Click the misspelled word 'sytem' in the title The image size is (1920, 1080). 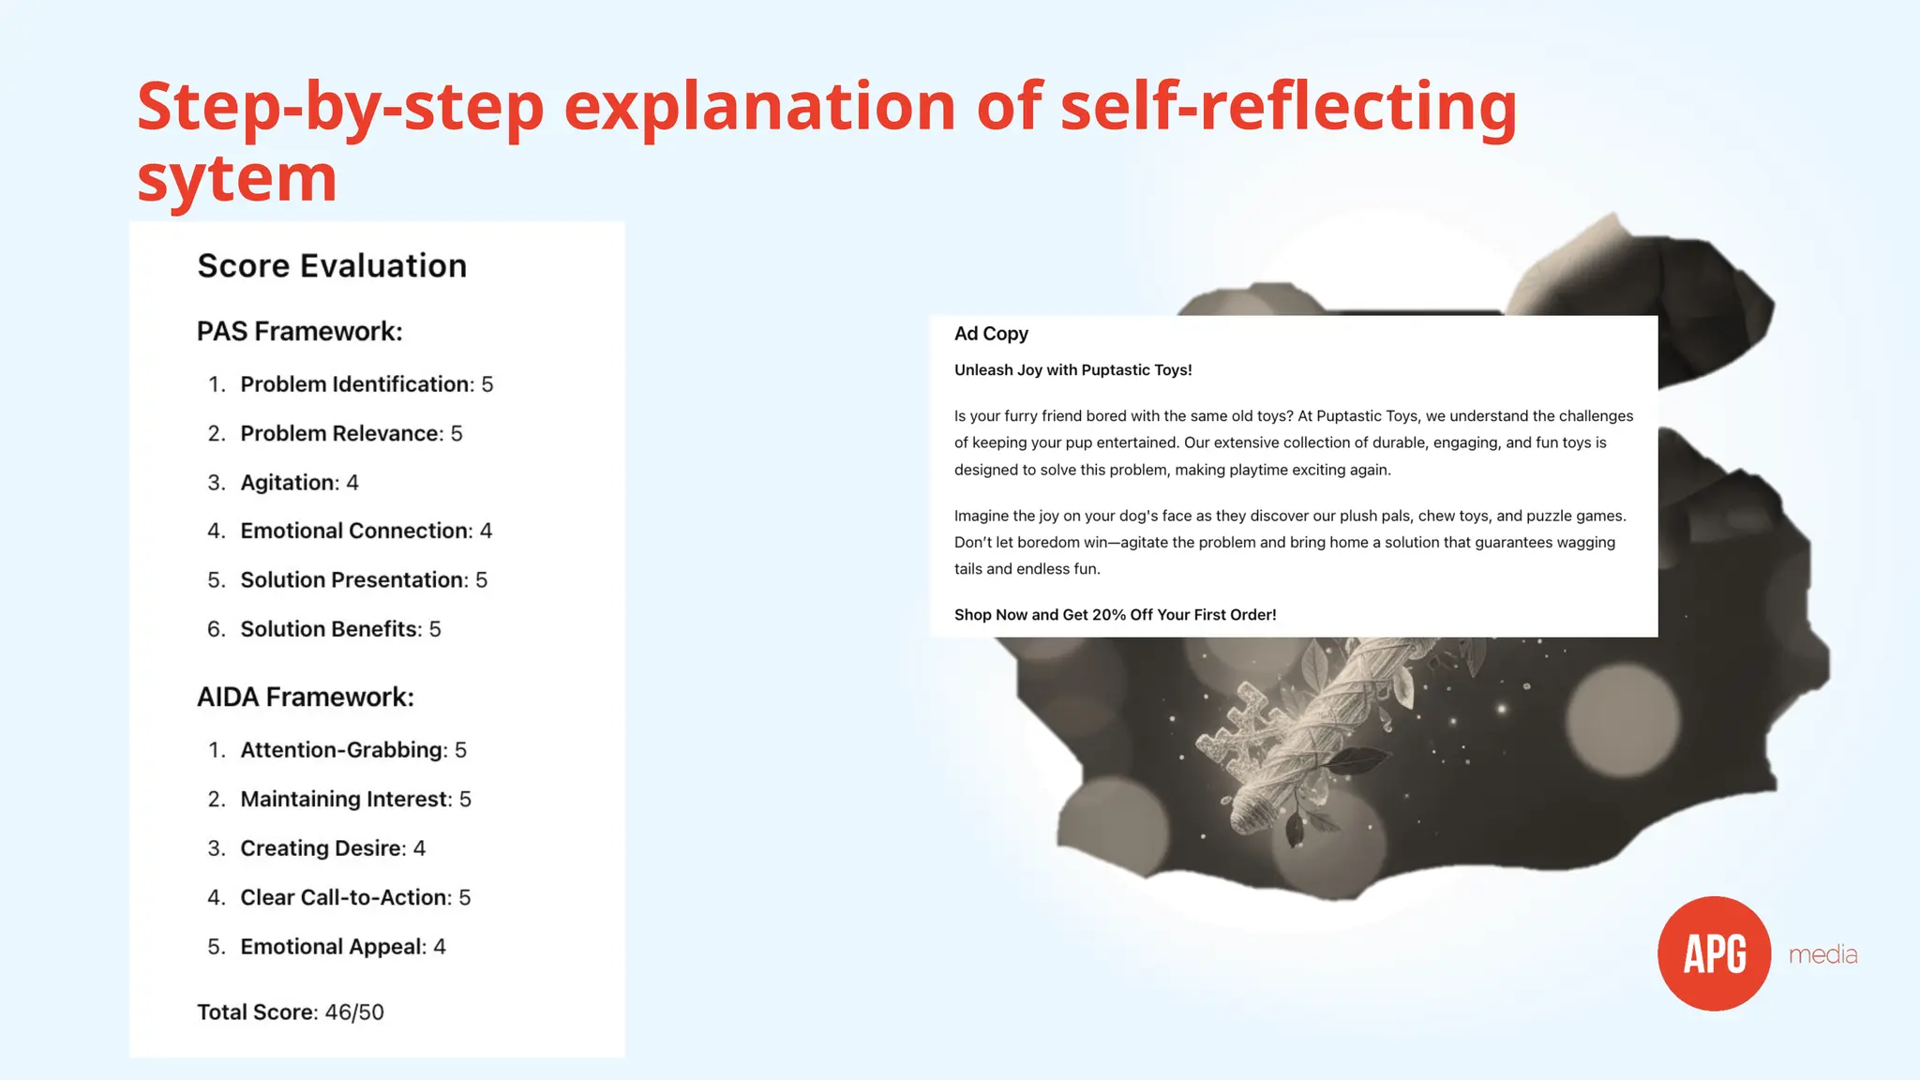(x=237, y=178)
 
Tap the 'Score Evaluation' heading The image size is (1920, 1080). (x=332, y=266)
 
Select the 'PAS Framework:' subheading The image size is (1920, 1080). (x=299, y=332)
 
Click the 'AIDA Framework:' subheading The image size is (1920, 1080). (x=305, y=697)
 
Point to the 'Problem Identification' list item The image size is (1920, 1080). (x=366, y=384)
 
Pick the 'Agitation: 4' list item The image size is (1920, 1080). (x=299, y=483)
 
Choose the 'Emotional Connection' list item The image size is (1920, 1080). (x=366, y=532)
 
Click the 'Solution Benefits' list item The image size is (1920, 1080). (x=340, y=629)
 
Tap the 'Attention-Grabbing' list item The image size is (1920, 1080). (x=352, y=750)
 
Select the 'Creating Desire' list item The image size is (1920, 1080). (x=333, y=848)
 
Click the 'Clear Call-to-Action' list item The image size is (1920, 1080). (x=355, y=898)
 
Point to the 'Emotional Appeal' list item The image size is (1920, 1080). (x=343, y=947)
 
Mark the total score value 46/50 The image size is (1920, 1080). (x=354, y=1012)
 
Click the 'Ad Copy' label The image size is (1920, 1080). (x=991, y=334)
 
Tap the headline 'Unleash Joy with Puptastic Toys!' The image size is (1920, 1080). (x=1072, y=370)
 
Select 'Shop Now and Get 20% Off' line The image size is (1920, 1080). (x=1115, y=615)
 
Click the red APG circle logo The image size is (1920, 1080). (x=1714, y=953)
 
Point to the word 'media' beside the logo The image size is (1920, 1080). (x=1822, y=955)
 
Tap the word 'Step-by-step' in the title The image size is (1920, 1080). (x=340, y=106)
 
